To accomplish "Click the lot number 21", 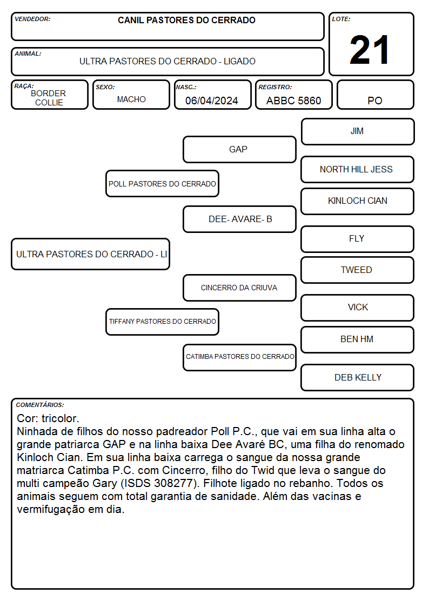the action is (x=370, y=50).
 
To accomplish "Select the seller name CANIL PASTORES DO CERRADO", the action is (x=186, y=20).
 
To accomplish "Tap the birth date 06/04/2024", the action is (x=212, y=101).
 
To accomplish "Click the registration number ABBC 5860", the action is (x=293, y=101).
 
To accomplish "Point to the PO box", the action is (x=375, y=95).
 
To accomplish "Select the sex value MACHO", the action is (x=131, y=99).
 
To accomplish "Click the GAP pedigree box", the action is (x=239, y=149).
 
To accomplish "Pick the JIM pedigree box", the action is (x=358, y=132).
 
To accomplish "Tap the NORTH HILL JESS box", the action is (x=358, y=170).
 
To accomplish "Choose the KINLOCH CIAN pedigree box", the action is (x=358, y=201).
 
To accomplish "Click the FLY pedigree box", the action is (x=358, y=239).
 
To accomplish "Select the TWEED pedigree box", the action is (x=358, y=270).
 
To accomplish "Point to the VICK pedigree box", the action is (x=358, y=308).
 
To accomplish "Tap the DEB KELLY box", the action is (x=358, y=377).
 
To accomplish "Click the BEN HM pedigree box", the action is (x=358, y=339).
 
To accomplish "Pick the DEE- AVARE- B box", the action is (x=239, y=219).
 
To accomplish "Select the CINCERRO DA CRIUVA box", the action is (x=239, y=288).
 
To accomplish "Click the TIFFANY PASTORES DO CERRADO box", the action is (x=163, y=322).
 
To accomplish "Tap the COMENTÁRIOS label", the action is (x=40, y=405).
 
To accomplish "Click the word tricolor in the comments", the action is (x=61, y=418).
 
